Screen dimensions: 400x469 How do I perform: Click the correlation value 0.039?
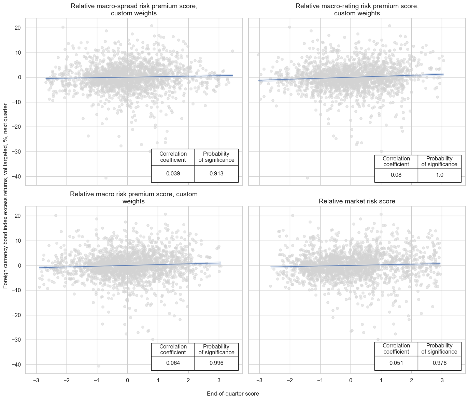[173, 174]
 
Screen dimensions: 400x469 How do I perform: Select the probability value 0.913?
[216, 174]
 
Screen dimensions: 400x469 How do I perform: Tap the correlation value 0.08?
[396, 175]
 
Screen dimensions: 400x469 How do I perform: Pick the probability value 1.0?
[440, 175]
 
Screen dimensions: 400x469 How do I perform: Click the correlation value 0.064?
[173, 363]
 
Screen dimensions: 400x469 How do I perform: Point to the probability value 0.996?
[216, 363]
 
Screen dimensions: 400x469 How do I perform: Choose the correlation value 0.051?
[396, 363]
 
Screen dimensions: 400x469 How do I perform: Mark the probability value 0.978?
[440, 363]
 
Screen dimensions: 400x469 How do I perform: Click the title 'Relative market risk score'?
[357, 201]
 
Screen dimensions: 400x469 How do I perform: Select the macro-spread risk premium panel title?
[134, 10]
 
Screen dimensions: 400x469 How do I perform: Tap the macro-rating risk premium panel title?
[357, 10]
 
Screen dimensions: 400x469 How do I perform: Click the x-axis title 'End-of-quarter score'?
[233, 394]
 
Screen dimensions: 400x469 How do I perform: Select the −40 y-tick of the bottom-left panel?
[16, 365]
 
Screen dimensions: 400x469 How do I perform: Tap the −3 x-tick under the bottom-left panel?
[36, 381]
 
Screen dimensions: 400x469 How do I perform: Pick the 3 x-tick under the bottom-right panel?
[442, 381]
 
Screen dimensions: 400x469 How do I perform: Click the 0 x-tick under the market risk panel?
[351, 381]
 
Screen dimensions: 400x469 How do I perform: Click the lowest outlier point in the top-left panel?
[106, 178]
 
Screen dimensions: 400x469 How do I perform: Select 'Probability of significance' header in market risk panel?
[439, 348]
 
